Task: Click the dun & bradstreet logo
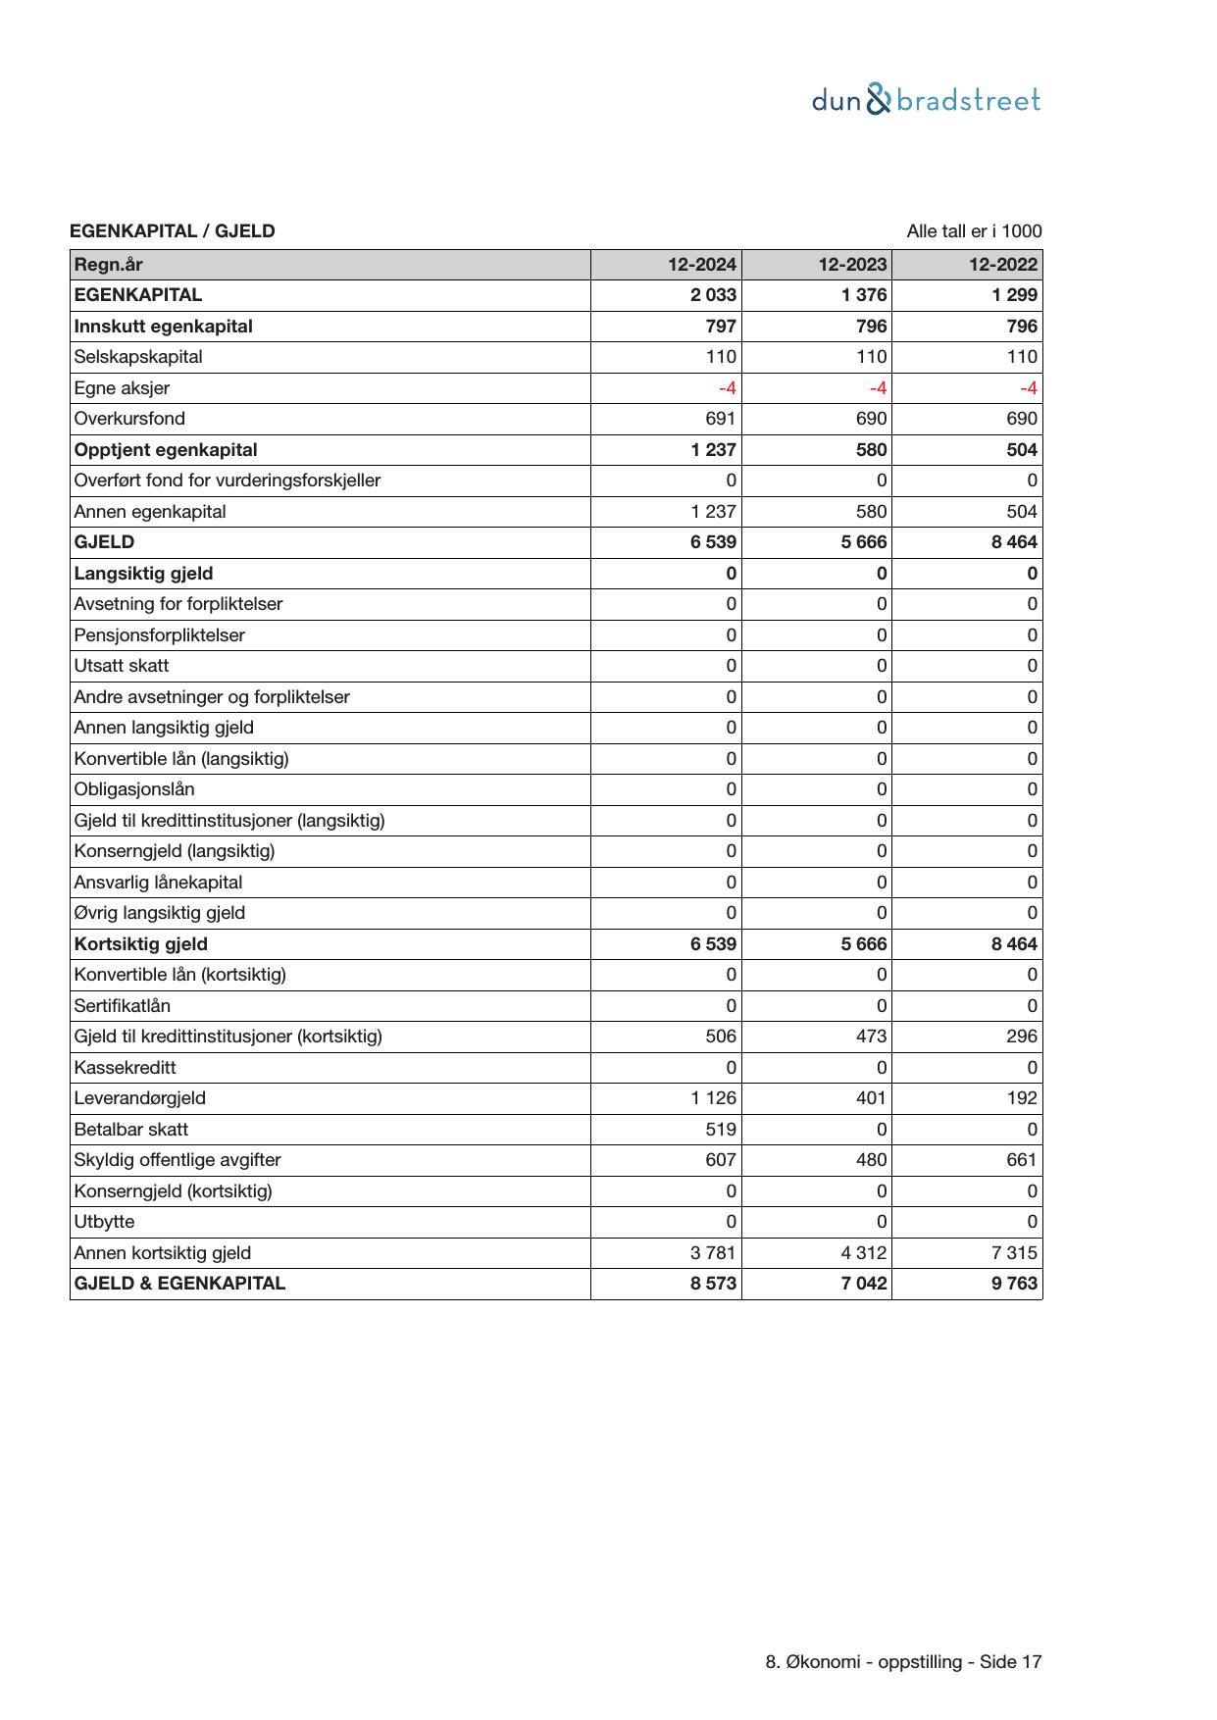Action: pyautogui.click(x=926, y=100)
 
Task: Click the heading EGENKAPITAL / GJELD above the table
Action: pyautogui.click(x=173, y=231)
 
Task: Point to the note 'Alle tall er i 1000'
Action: pyautogui.click(x=974, y=231)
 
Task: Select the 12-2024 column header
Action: pyautogui.click(x=702, y=265)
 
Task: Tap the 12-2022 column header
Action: pyautogui.click(x=1002, y=265)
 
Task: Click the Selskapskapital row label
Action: pyautogui.click(x=138, y=357)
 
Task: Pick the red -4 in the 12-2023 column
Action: pyautogui.click(x=878, y=388)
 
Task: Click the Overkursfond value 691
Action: pyautogui.click(x=721, y=419)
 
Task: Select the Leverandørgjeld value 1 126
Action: pyautogui.click(x=713, y=1098)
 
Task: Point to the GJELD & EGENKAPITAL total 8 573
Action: pyautogui.click(x=713, y=1284)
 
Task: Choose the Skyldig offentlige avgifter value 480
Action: pyautogui.click(x=871, y=1160)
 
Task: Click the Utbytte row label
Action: pyautogui.click(x=104, y=1222)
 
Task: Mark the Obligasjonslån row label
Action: pyautogui.click(x=134, y=789)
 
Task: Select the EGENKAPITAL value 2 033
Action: pyautogui.click(x=713, y=295)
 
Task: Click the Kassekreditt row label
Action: pyautogui.click(x=126, y=1068)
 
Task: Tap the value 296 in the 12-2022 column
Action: pyautogui.click(x=1022, y=1037)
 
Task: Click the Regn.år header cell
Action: pyautogui.click(x=108, y=265)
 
